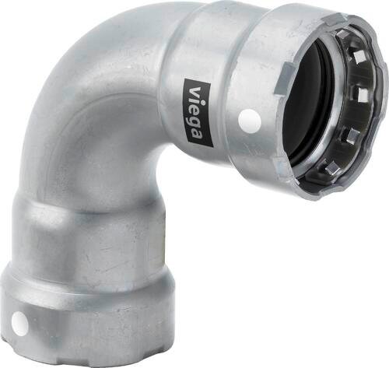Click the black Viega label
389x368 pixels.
(x=198, y=114)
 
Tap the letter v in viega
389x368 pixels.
(x=196, y=92)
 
